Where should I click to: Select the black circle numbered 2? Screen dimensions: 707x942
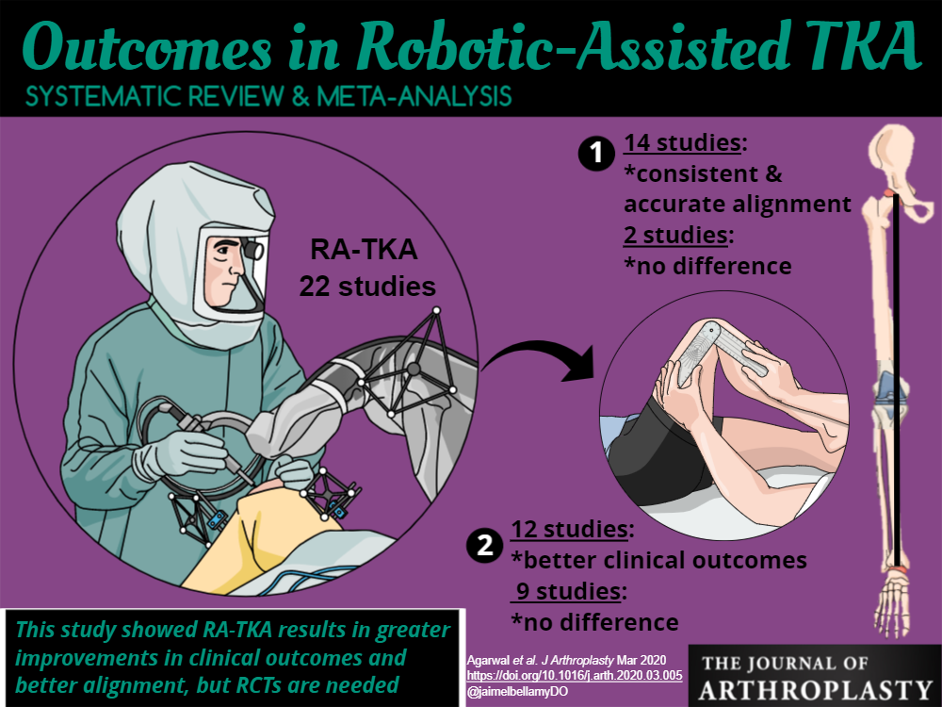483,544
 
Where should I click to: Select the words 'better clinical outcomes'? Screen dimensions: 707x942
658,560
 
